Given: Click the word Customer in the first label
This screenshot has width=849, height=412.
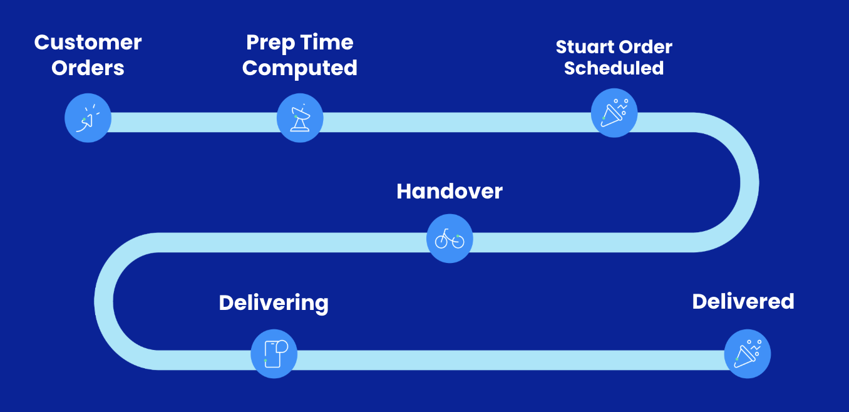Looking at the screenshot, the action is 88,43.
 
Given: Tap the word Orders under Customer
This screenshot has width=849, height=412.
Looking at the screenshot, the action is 88,68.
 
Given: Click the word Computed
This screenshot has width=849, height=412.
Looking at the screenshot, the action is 300,69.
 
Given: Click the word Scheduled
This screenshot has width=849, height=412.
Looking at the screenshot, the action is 614,68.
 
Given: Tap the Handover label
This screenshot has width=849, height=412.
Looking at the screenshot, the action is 450,192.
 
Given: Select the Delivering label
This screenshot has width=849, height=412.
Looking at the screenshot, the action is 274,303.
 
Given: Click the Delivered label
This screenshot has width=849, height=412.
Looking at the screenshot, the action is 743,302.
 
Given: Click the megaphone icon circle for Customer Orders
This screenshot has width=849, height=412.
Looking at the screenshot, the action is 88,118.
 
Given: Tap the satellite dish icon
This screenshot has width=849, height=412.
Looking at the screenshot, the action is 300,118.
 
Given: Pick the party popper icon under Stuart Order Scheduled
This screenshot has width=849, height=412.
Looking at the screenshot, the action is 614,113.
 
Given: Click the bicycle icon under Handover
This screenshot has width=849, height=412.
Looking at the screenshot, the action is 450,239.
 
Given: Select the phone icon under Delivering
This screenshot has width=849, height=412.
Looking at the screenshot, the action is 274,354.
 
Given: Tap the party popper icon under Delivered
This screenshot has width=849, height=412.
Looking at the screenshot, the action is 748,354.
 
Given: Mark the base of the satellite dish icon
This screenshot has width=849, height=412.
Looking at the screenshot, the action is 300,129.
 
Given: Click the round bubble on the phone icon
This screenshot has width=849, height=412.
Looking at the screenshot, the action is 282,346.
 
